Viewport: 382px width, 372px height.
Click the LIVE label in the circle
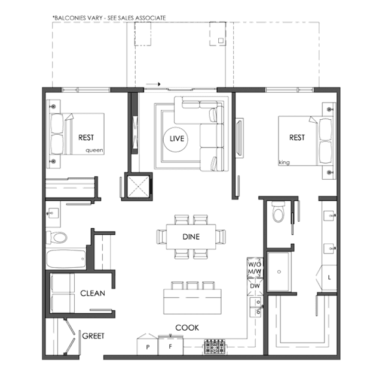(x=177, y=139)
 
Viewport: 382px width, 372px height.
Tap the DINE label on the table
(x=191, y=237)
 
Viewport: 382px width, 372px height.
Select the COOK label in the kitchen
(x=187, y=328)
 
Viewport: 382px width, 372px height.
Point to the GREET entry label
(x=93, y=336)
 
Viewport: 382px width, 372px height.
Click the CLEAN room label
(x=93, y=293)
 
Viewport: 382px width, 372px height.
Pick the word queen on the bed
(x=94, y=150)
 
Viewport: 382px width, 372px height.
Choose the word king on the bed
(x=284, y=162)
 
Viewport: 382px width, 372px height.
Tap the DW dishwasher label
(x=255, y=286)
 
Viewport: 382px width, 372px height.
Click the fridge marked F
(x=170, y=346)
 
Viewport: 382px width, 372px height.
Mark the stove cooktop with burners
(x=215, y=347)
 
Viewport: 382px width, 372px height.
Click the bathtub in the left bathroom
(x=66, y=259)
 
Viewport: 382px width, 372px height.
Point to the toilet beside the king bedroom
(x=278, y=212)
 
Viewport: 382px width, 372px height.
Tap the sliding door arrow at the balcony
(x=153, y=84)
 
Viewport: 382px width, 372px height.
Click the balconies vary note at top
(x=109, y=18)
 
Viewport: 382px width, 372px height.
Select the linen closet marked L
(x=329, y=277)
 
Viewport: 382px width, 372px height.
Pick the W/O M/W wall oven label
(x=255, y=268)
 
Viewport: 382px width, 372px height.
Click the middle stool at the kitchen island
(x=192, y=285)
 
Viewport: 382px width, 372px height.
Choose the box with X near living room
(x=138, y=186)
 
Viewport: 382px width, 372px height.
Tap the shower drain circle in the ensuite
(x=279, y=272)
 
